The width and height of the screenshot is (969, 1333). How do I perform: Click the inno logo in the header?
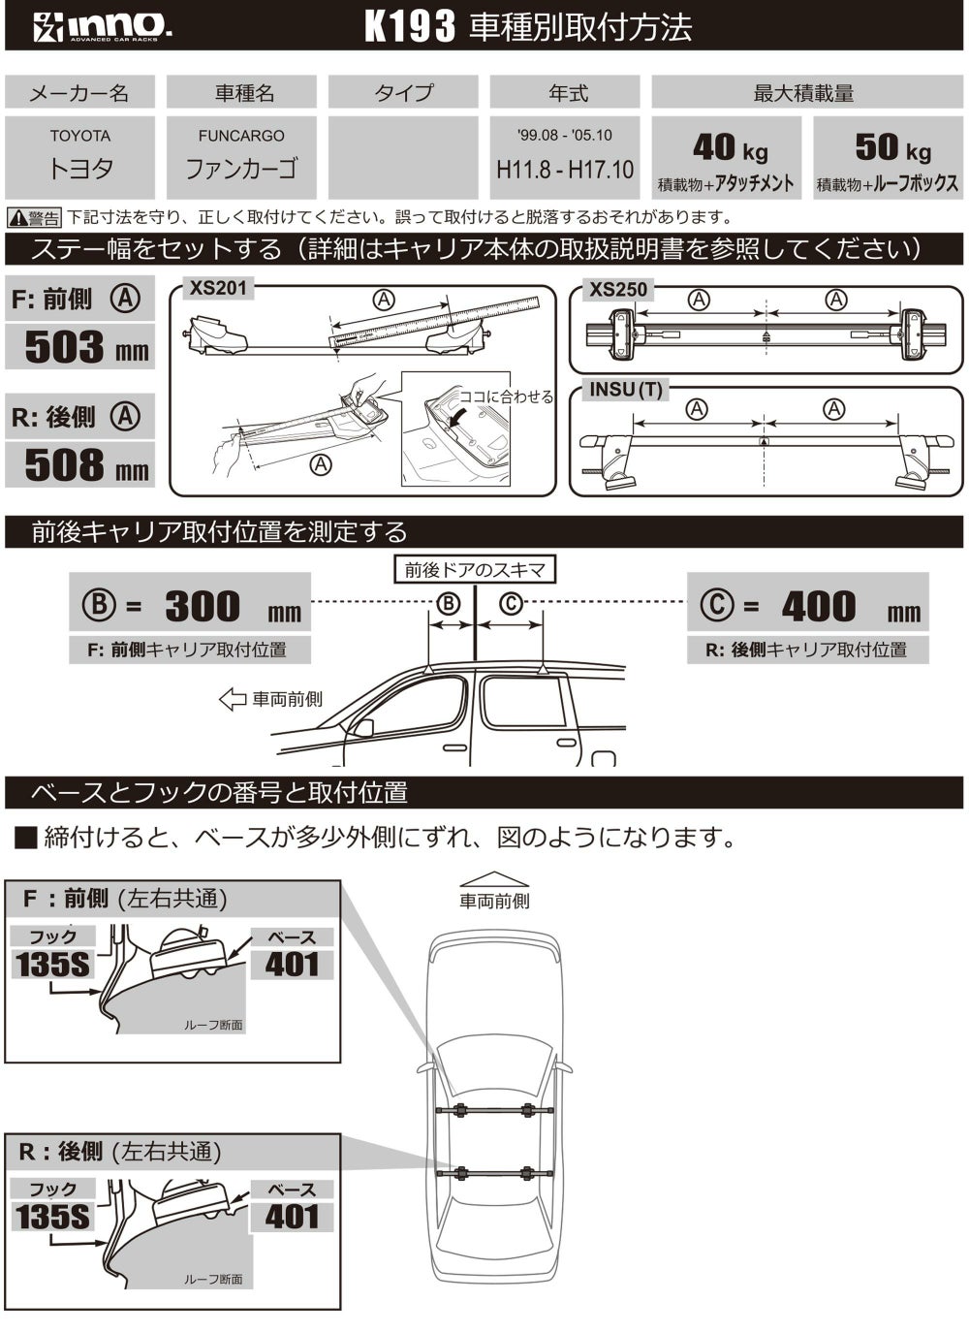tap(103, 27)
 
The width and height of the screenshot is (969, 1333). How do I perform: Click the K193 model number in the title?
tap(410, 27)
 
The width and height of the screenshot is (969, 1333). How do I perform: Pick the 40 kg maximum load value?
tap(731, 147)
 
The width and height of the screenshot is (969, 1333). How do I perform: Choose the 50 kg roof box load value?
tap(892, 147)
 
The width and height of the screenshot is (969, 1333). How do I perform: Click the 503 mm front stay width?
tap(86, 347)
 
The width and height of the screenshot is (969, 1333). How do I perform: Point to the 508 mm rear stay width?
tap(86, 464)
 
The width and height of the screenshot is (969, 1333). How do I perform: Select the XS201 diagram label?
tap(218, 288)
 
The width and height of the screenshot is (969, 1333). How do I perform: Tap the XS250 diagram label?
tap(618, 290)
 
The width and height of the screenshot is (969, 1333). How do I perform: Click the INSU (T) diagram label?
tap(626, 390)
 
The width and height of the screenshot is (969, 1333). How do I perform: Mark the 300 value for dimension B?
tap(203, 606)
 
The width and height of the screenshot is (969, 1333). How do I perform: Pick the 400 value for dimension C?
tap(819, 606)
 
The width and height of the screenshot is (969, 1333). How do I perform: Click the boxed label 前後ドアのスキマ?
tap(475, 570)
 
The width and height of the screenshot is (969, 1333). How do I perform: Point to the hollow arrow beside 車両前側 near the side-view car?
tap(233, 699)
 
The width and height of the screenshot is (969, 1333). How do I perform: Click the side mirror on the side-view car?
tap(362, 728)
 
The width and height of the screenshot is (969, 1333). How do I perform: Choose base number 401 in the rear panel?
tap(292, 1217)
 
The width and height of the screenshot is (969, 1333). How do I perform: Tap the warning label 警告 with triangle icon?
tap(34, 218)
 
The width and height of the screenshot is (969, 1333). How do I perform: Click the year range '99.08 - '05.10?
tap(565, 135)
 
